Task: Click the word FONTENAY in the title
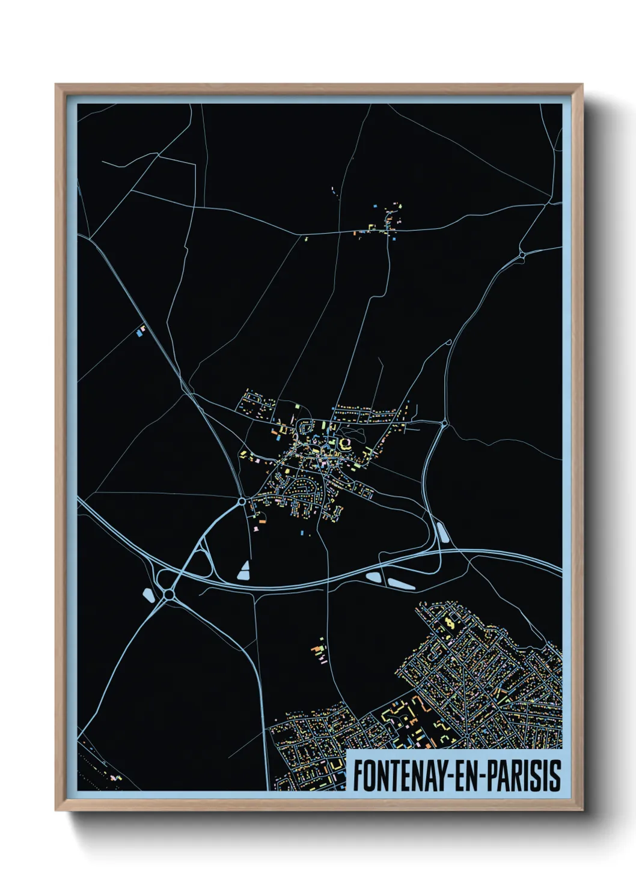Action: coord(397,775)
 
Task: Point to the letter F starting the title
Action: coord(358,775)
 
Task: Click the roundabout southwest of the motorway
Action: coord(169,595)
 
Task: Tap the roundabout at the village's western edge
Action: coord(242,500)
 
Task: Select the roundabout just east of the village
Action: coord(444,424)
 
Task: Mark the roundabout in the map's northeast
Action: coord(522,255)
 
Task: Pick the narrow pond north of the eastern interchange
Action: coord(443,533)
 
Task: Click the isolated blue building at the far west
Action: coord(141,331)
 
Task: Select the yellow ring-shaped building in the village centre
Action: coord(346,444)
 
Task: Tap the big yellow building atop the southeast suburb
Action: coord(450,624)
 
